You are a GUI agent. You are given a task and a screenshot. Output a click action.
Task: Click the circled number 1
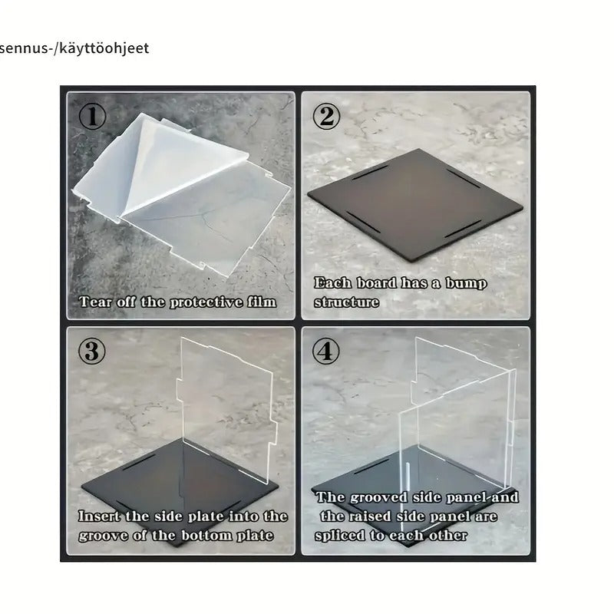(92, 117)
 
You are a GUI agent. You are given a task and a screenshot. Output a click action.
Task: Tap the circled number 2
(326, 117)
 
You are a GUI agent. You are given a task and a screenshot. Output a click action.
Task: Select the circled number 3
(92, 351)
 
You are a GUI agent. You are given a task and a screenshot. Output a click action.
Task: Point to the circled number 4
(325, 351)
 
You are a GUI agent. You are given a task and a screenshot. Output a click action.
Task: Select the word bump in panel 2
(466, 283)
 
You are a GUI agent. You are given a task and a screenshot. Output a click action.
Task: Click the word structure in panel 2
(347, 302)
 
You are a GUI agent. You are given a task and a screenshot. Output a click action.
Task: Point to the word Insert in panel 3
(100, 516)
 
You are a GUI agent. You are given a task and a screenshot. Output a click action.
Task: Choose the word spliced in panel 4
(340, 536)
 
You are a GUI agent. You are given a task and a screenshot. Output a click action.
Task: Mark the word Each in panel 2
(332, 282)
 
